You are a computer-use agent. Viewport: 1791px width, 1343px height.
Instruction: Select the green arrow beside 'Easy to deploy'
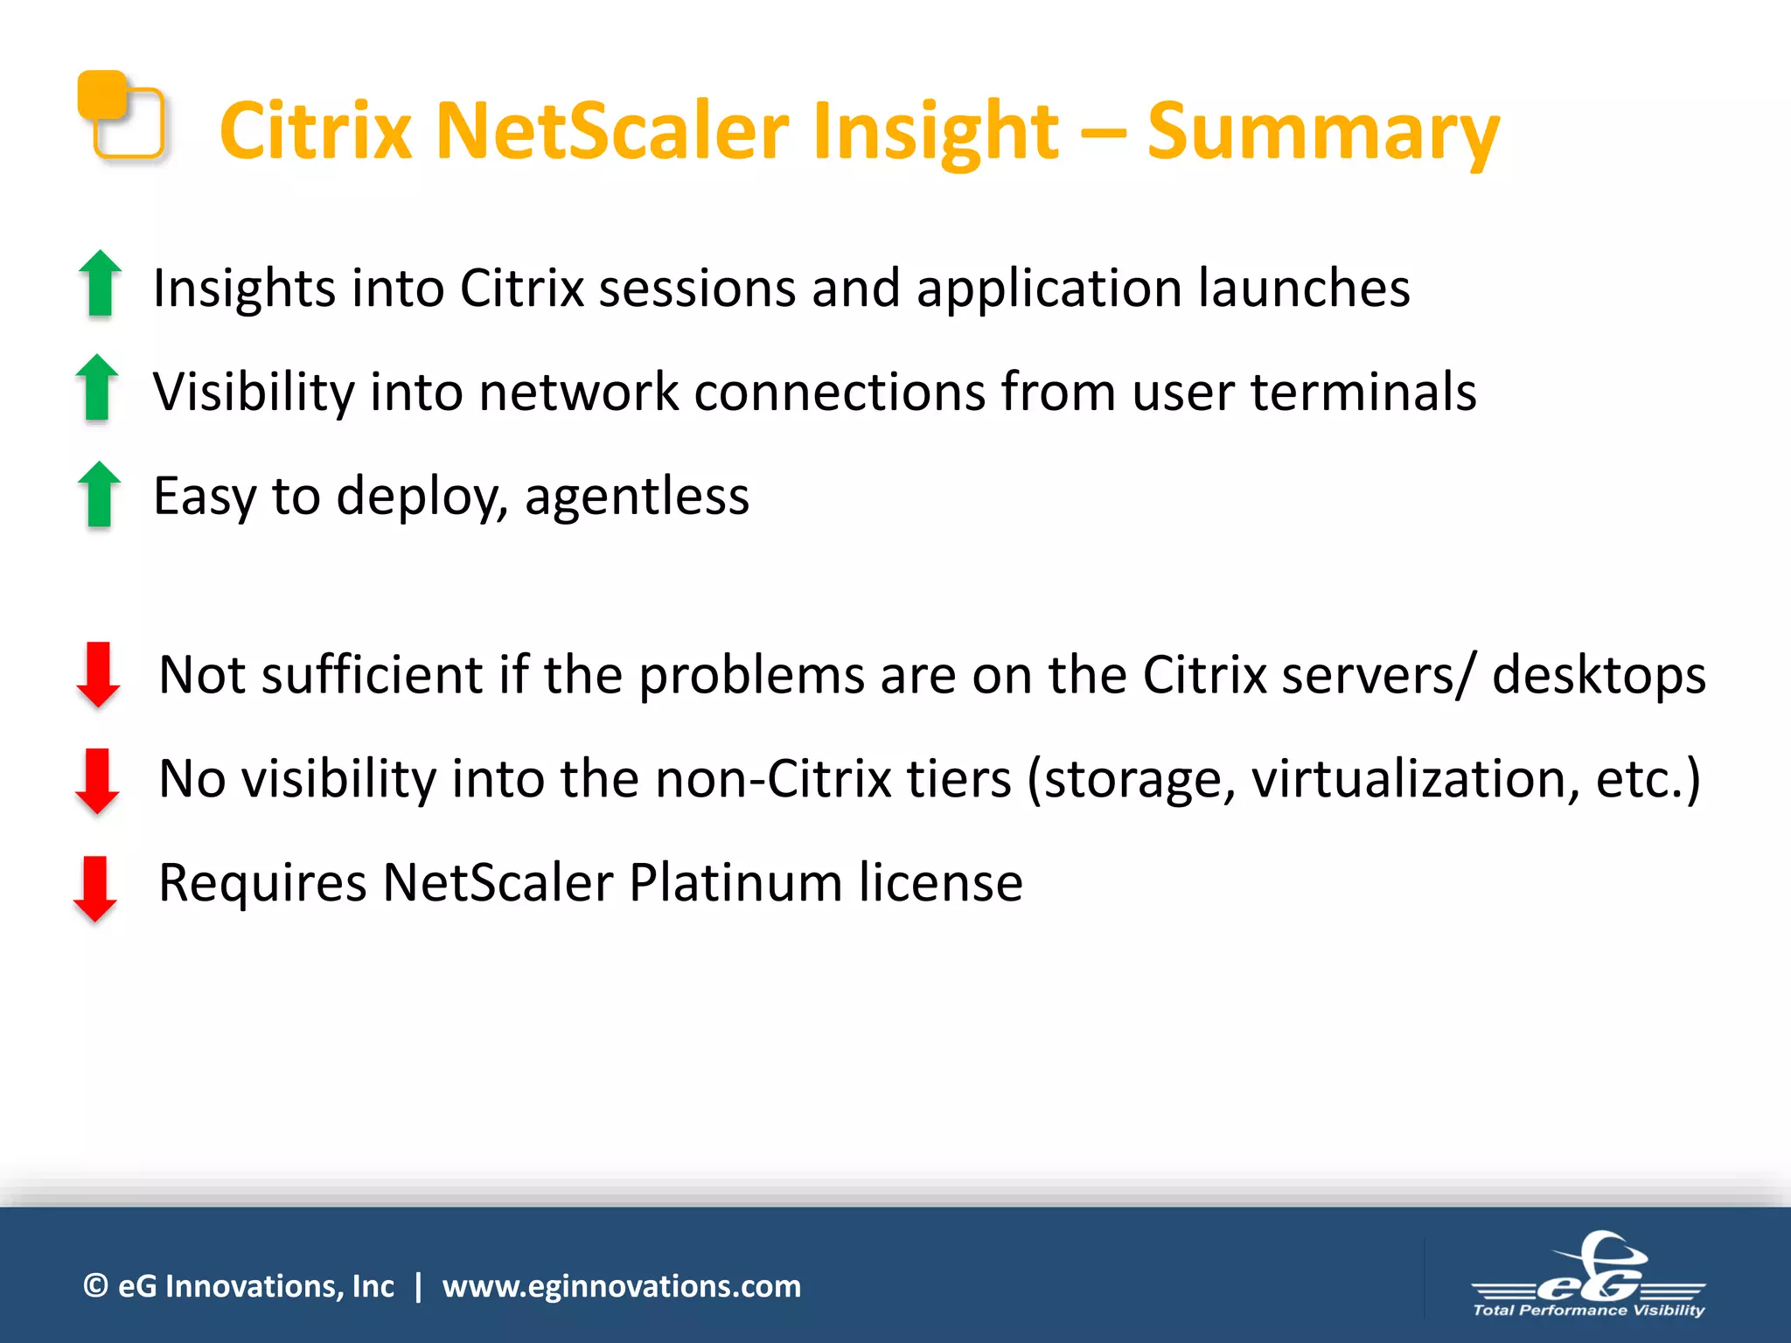pos(100,494)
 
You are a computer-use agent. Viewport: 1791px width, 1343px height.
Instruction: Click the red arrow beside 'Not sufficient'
pos(99,674)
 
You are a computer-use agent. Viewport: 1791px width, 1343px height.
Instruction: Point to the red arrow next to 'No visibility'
pos(97,781)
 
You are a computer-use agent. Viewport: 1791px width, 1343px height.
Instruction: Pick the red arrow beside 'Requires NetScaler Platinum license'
pos(95,888)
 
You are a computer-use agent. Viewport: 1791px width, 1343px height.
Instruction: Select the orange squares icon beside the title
pos(122,115)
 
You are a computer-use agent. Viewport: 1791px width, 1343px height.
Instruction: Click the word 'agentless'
pos(637,496)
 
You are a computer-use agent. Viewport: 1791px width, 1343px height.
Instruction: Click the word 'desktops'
pos(1599,675)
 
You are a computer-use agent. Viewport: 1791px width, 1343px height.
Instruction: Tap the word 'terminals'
pos(1363,391)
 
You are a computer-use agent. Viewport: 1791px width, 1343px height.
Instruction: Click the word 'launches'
pos(1303,288)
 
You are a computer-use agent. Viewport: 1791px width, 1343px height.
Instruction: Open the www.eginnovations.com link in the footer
pos(621,1286)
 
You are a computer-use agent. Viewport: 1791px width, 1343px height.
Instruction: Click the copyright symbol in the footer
pos(95,1285)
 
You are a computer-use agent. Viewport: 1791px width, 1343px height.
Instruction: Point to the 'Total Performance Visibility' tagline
pos(1589,1310)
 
